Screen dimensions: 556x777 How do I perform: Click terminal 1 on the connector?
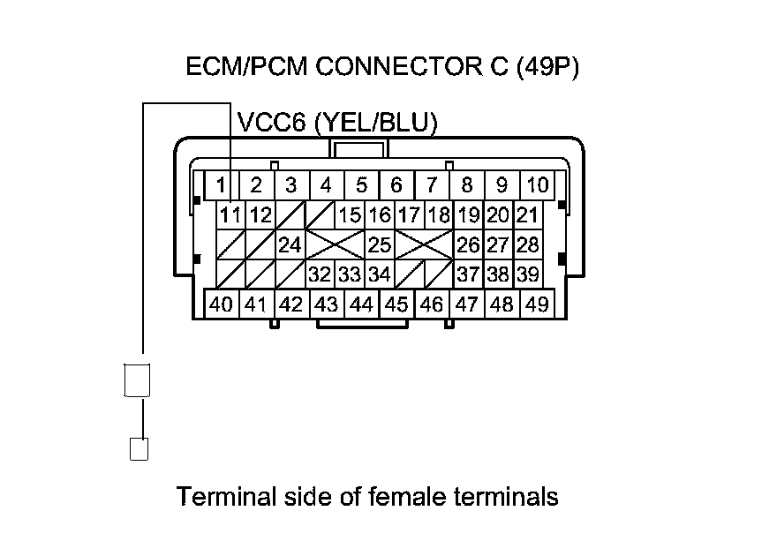click(x=221, y=185)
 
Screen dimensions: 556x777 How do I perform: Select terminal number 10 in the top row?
click(x=537, y=185)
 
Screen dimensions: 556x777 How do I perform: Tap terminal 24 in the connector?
click(x=290, y=244)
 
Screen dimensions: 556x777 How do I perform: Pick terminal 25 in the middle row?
click(x=380, y=244)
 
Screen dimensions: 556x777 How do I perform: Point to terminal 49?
click(x=537, y=304)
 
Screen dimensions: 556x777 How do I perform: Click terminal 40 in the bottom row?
click(x=221, y=304)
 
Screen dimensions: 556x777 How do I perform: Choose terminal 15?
click(x=350, y=214)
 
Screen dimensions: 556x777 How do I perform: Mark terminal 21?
click(x=527, y=214)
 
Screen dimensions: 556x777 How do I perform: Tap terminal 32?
click(x=320, y=274)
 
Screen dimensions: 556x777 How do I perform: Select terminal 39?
click(x=527, y=274)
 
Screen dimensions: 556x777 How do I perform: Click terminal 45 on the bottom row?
click(x=396, y=304)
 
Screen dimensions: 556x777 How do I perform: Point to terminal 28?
click(x=527, y=244)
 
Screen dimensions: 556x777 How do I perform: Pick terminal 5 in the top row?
click(x=361, y=185)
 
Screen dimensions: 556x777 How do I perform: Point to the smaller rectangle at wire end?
click(x=139, y=448)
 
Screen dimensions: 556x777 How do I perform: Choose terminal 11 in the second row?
click(x=230, y=214)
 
